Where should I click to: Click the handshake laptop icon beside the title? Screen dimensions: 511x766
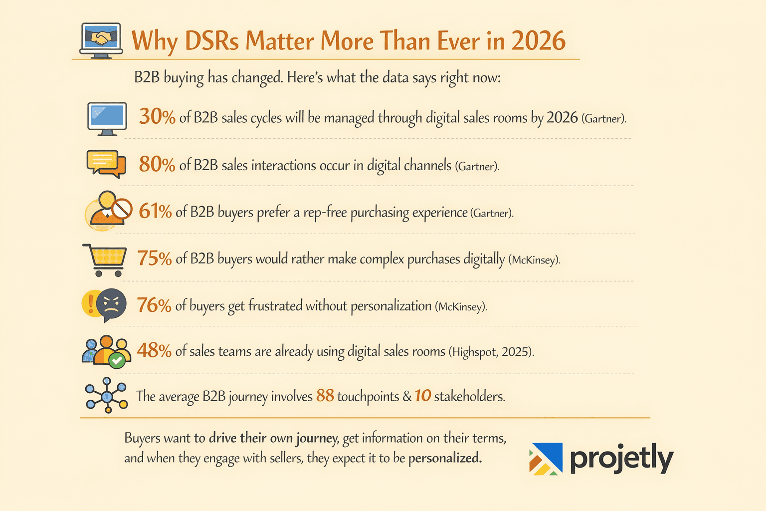coord(101,40)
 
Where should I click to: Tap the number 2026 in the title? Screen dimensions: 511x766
coord(538,41)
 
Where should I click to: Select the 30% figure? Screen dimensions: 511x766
coord(157,117)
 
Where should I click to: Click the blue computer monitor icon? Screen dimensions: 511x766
coord(107,119)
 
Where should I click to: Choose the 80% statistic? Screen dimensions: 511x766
coord(157,164)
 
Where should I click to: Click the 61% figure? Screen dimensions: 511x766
coord(155,212)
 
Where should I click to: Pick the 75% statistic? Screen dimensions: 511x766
coord(155,258)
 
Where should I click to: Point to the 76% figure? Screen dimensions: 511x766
coord(154,305)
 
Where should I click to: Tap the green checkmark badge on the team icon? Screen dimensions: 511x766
coord(117,360)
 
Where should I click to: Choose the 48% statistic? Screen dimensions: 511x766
coord(154,351)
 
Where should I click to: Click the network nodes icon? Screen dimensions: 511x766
coord(106,395)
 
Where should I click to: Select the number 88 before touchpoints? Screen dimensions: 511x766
coord(325,396)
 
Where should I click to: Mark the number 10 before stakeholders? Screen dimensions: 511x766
coord(422,396)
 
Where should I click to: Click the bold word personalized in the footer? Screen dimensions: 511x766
coord(445,458)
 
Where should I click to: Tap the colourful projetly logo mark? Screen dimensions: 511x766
coord(546,459)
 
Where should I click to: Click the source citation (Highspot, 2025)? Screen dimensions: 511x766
coord(491,352)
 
